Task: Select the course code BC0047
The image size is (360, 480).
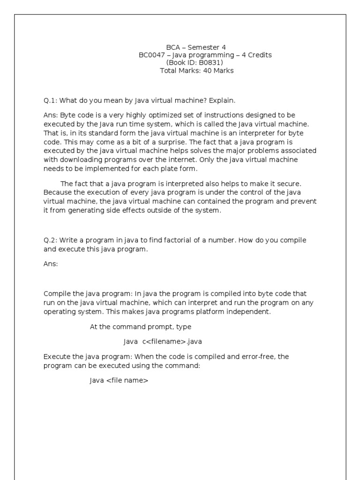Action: tap(150, 55)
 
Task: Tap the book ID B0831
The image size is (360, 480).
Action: tap(212, 62)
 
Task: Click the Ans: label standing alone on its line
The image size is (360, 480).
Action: tap(51, 264)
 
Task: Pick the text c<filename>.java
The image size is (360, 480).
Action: tap(172, 342)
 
